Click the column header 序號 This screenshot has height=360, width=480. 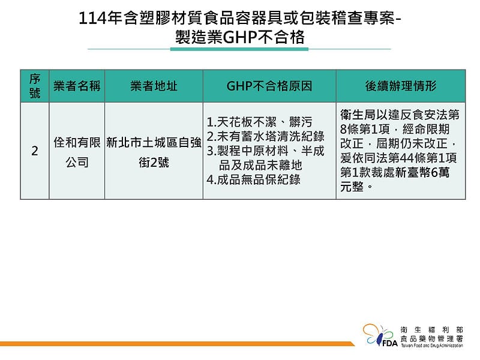pyautogui.click(x=35, y=86)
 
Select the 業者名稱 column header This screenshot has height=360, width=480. pyautogui.click(x=77, y=86)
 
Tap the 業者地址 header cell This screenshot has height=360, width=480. pyautogui.click(x=154, y=86)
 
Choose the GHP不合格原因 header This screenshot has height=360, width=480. pyautogui.click(x=269, y=86)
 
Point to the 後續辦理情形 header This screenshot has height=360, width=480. pyautogui.click(x=400, y=86)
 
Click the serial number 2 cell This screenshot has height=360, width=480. pyautogui.click(x=35, y=151)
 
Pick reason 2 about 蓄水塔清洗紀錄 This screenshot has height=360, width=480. pyautogui.click(x=265, y=136)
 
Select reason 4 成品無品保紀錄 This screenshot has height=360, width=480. pyautogui.click(x=253, y=179)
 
